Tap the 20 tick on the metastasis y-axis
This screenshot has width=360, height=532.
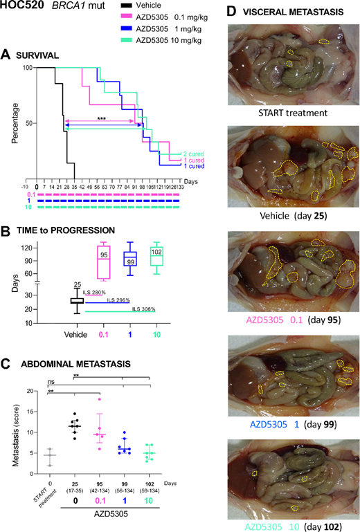tap(29, 392)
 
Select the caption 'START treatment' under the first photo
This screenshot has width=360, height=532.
tap(285, 114)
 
